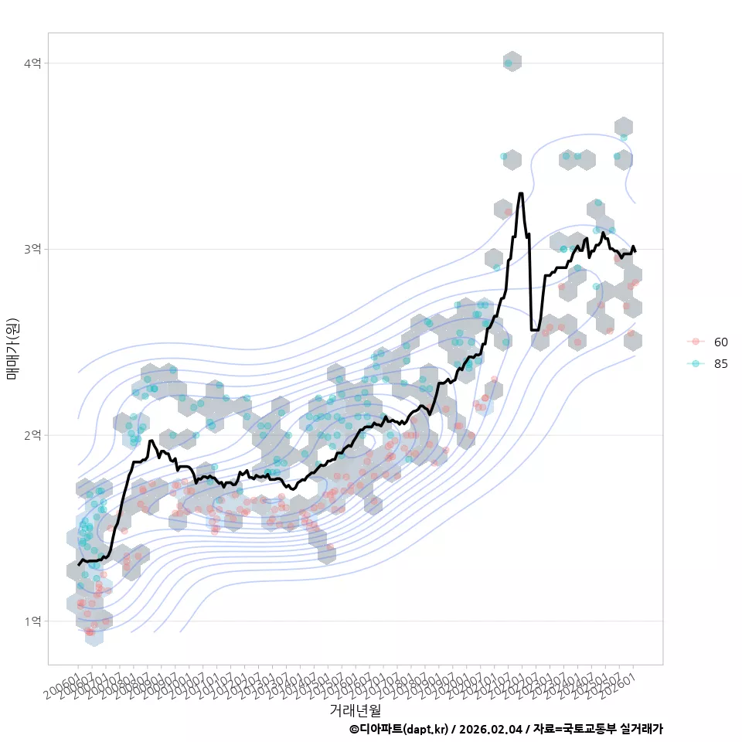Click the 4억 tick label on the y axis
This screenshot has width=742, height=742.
pos(33,63)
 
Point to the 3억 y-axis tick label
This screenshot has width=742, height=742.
pos(33,249)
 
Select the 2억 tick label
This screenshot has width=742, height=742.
pos(33,435)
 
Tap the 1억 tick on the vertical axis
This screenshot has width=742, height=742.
pos(33,621)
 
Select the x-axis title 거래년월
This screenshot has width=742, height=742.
pos(355,710)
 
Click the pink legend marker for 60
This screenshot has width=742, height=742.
pos(696,342)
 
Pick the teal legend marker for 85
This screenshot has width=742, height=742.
pos(696,364)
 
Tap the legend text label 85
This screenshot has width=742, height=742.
pos(721,364)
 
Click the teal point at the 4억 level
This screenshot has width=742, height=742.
pos(508,63)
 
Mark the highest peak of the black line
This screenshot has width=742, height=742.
pos(521,193)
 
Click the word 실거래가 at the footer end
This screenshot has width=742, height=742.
pos(642,729)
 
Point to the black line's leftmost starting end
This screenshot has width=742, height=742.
pos(79,565)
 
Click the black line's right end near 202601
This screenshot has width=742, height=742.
pos(635,251)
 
